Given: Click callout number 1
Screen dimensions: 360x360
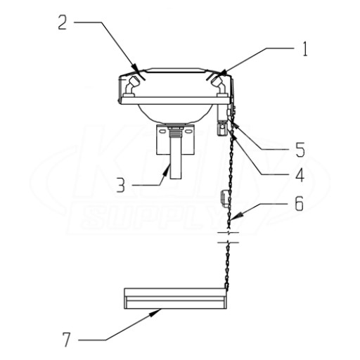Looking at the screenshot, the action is coord(304,49).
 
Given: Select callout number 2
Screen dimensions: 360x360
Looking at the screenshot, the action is coord(63,22).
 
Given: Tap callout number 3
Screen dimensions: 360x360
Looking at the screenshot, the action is coord(121,185).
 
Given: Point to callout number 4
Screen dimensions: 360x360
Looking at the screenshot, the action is coord(300,175).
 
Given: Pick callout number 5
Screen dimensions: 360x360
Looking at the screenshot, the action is coord(300,150).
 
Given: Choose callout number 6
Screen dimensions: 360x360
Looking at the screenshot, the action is coord(299,204).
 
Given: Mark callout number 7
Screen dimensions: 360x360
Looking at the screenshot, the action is coord(66,340).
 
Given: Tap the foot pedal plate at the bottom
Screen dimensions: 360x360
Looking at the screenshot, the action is coord(175,298).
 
